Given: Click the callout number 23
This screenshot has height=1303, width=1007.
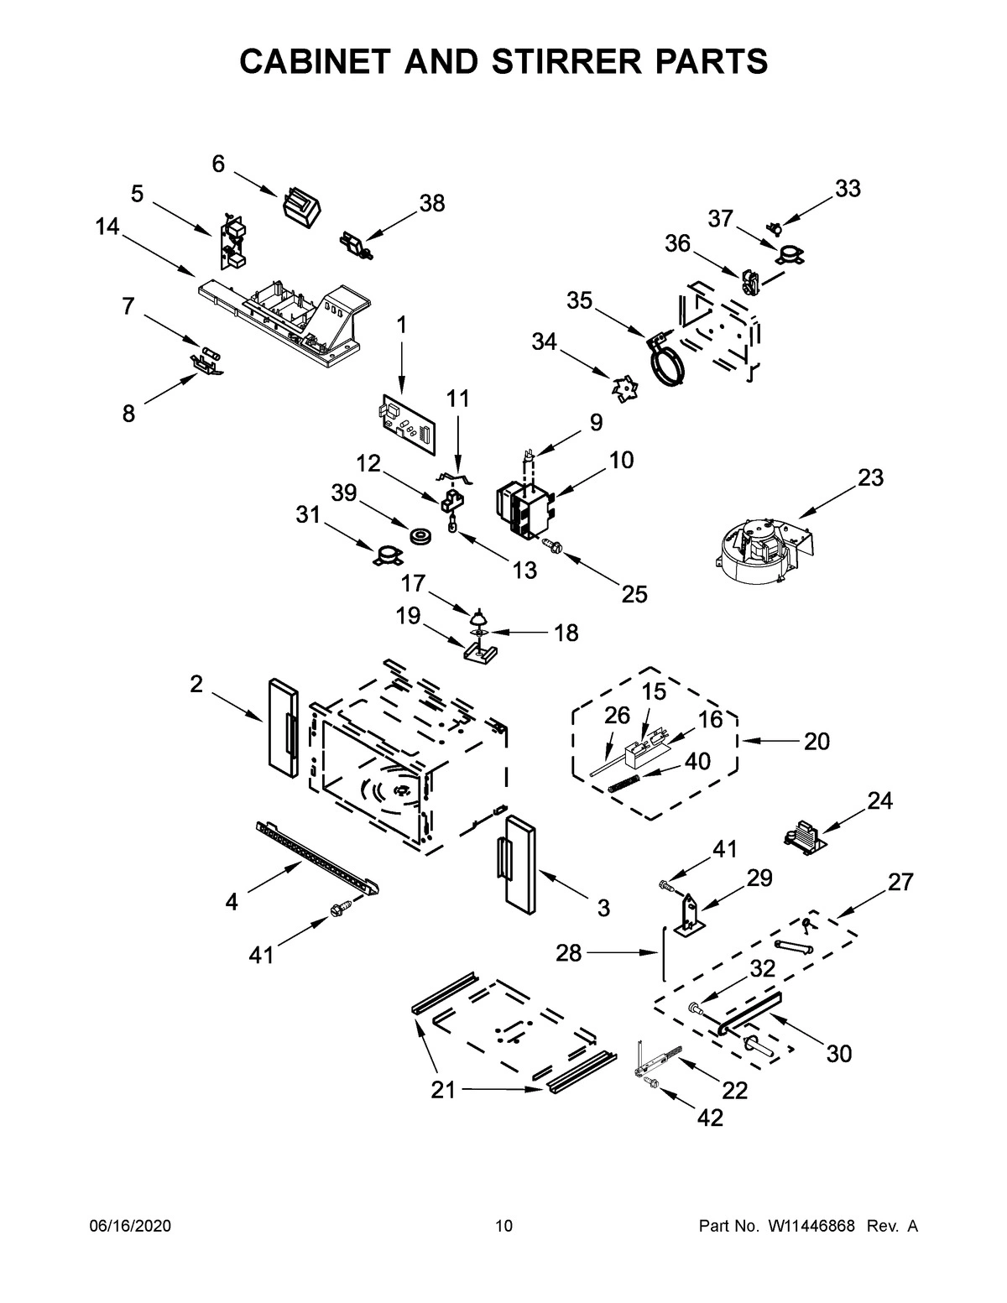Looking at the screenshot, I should click(x=870, y=477).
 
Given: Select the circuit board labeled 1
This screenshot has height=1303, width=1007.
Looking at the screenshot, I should click(x=408, y=424).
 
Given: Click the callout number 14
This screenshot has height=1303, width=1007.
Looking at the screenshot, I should click(x=107, y=227).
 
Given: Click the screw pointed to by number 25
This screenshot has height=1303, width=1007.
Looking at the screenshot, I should click(x=552, y=546).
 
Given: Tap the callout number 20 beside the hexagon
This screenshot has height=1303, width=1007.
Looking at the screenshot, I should click(x=816, y=741).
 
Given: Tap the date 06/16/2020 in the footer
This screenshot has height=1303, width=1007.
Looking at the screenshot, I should click(x=130, y=1227).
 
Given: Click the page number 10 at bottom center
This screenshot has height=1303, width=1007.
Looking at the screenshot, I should click(x=503, y=1227).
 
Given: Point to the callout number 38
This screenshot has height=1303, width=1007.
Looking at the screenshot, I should click(x=432, y=203).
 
